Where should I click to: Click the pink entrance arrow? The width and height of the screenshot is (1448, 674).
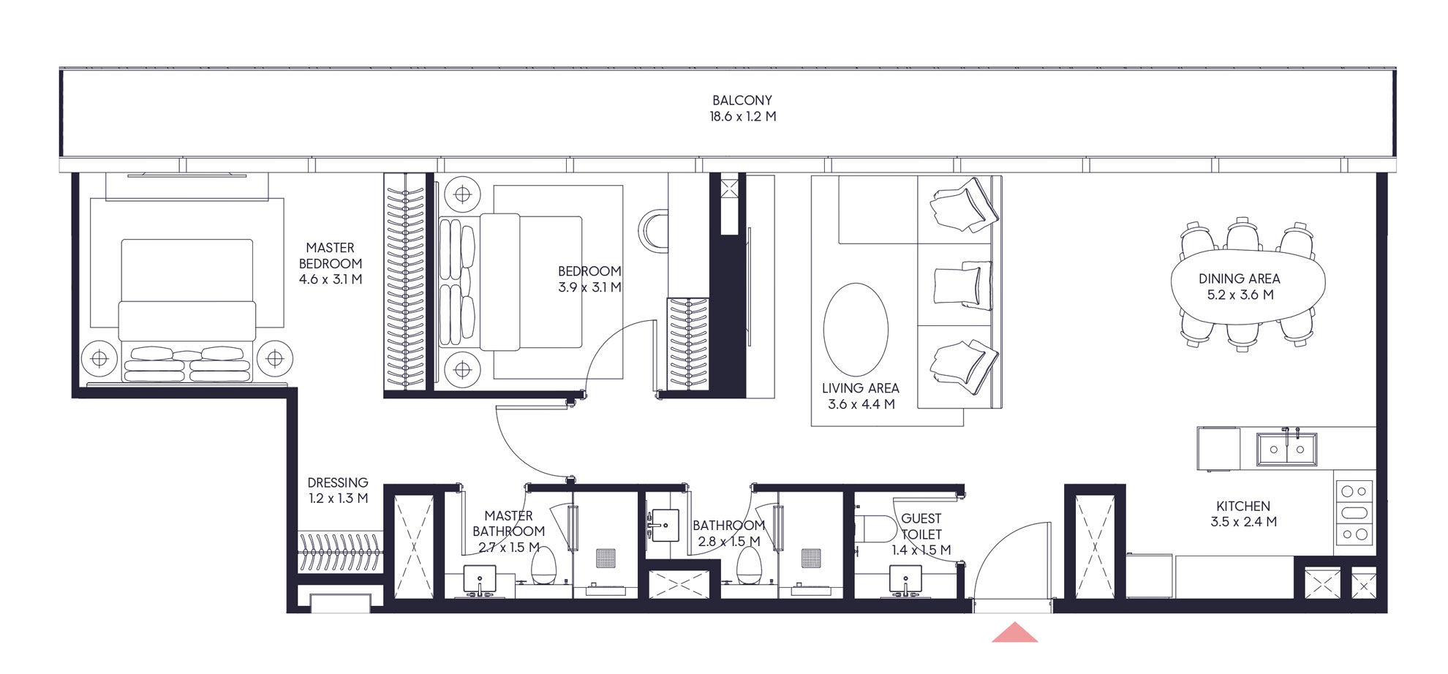click(x=1014, y=633)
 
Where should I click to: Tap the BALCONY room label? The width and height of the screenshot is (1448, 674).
click(x=742, y=100)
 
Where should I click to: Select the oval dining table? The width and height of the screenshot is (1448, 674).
click(x=1248, y=286)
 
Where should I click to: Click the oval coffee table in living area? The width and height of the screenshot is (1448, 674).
click(x=856, y=330)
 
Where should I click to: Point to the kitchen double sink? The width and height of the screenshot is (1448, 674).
click(x=1286, y=449)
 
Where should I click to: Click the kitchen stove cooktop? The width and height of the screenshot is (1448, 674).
click(x=1354, y=512)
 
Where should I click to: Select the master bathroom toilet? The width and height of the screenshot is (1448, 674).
click(x=543, y=566)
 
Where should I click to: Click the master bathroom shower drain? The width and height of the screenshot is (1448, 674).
click(x=606, y=558)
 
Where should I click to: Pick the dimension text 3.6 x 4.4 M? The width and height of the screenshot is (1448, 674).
click(x=861, y=404)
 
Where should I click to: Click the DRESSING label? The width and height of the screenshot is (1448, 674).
click(x=337, y=482)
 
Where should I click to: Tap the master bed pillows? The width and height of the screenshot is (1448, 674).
click(x=187, y=364)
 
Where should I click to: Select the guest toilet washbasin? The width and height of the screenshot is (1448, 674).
click(x=905, y=580)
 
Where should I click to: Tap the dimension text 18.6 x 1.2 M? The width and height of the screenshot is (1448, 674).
click(x=742, y=116)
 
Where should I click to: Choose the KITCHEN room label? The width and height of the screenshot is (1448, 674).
click(x=1243, y=506)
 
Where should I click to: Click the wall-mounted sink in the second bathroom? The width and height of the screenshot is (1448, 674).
click(x=664, y=525)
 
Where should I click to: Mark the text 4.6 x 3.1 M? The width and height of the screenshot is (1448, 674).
click(x=330, y=279)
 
